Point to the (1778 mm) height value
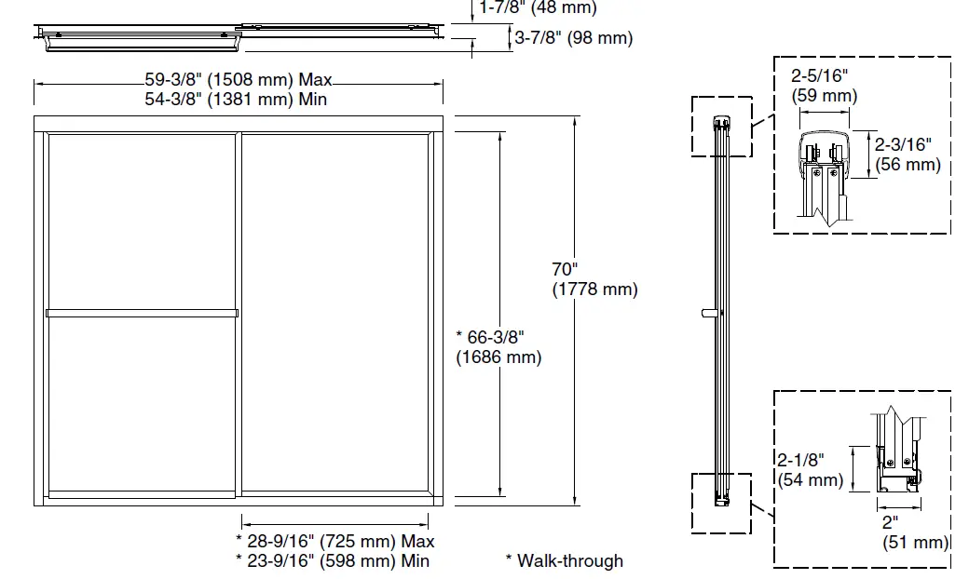click(x=594, y=289)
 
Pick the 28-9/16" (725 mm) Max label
click(x=334, y=541)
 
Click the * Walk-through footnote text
click(x=564, y=560)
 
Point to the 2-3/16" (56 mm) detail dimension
click(x=907, y=154)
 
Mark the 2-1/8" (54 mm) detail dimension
click(x=809, y=470)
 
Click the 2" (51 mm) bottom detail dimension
click(x=914, y=532)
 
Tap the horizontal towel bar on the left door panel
click(x=142, y=313)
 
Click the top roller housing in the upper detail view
click(x=824, y=154)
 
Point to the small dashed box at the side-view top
click(x=720, y=126)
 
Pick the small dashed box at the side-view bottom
click(x=720, y=503)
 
